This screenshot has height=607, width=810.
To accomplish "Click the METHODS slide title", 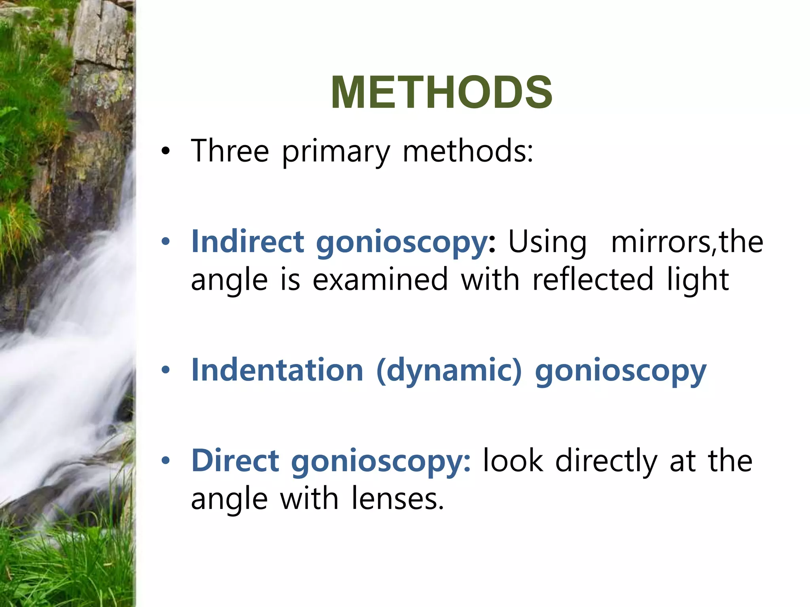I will [x=441, y=92].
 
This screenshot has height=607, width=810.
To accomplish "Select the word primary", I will [x=336, y=152].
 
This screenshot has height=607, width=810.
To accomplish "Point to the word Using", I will [x=547, y=242].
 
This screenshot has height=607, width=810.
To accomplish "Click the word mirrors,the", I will [x=687, y=241].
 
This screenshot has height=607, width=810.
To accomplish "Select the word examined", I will [x=380, y=279].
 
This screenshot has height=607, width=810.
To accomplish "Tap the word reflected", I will [x=592, y=279].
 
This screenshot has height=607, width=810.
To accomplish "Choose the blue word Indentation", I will [x=277, y=370].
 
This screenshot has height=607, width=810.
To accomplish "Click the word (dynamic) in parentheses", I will [x=449, y=371].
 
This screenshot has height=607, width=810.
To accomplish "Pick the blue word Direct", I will [x=235, y=460].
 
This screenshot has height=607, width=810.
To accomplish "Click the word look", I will [x=513, y=460].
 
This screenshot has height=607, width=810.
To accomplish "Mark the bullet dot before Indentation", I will [x=165, y=370].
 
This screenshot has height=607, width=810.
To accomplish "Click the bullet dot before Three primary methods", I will [x=165, y=151].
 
